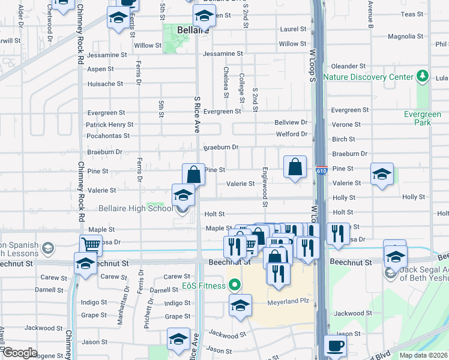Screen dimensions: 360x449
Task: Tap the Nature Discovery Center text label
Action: [368, 77]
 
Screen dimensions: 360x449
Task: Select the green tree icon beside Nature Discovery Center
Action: [423, 76]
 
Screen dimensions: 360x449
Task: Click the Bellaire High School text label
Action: [134, 208]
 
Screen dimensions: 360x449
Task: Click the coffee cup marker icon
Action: [336, 346]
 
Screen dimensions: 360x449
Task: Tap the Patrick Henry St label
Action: [109, 124]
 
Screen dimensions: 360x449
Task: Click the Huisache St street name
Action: [105, 84]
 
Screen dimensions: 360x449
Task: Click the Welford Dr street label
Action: [291, 134]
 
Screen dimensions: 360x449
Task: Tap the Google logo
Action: [20, 353]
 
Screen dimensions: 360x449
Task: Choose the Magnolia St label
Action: [402, 37]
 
